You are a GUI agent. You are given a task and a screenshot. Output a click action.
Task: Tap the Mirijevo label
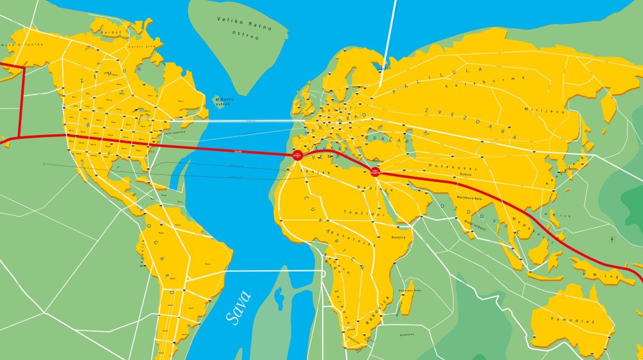(x=535, y=111)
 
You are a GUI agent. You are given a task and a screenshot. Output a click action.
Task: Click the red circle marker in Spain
(x=297, y=155)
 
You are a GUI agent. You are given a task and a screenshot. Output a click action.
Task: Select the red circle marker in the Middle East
(x=375, y=171)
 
